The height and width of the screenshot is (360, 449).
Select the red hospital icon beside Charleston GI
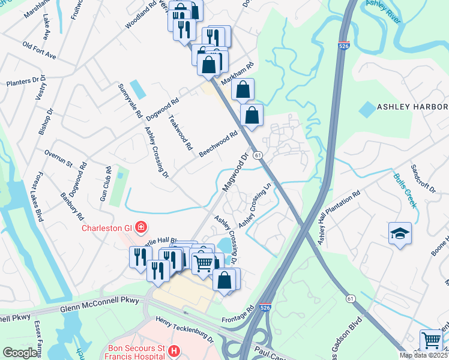pyautogui.click(x=140, y=227)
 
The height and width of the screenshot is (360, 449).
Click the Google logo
pyautogui.click(x=20, y=353)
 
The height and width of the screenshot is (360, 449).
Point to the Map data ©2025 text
pyautogui.click(x=423, y=355)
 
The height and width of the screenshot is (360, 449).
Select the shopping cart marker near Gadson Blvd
pyautogui.click(x=431, y=340)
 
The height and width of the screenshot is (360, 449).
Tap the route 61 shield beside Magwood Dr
pyautogui.click(x=257, y=155)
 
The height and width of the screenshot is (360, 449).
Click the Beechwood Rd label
pyautogui.click(x=218, y=144)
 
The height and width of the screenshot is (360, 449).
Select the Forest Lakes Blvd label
pyautogui.click(x=36, y=197)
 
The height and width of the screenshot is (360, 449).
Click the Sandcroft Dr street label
pyautogui.click(x=423, y=178)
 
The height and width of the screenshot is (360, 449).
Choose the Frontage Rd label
pyautogui.click(x=238, y=316)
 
